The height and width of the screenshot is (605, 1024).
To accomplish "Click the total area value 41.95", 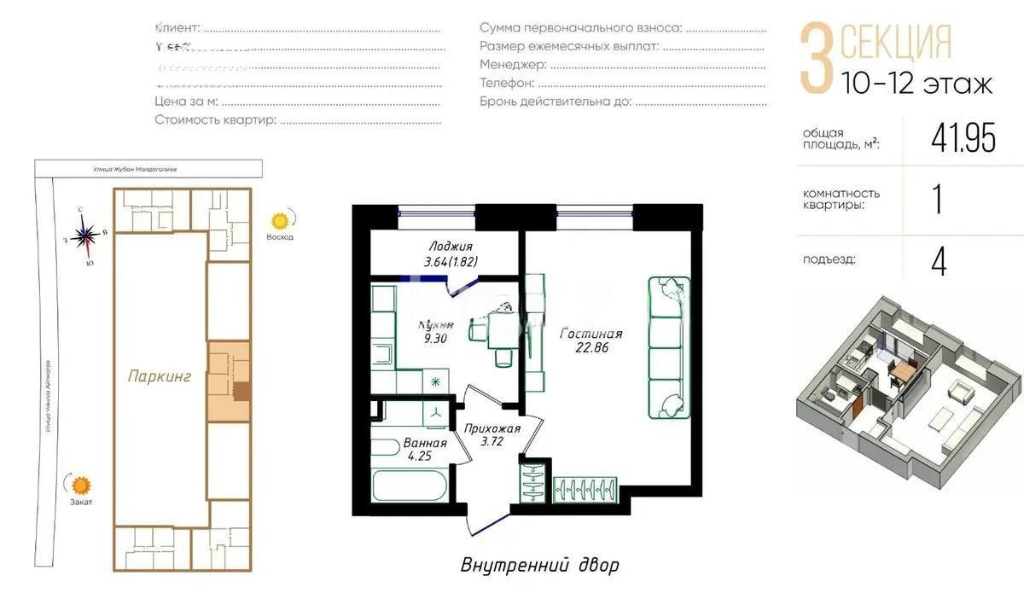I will click(963, 138).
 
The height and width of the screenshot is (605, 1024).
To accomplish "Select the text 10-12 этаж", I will click(916, 84).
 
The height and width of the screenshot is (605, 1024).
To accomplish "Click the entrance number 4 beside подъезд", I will click(939, 261).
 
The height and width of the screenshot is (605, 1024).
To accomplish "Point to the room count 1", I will click(937, 200).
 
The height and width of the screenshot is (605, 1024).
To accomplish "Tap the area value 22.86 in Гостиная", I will click(591, 348).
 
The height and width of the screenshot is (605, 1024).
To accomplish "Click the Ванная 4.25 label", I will click(422, 449).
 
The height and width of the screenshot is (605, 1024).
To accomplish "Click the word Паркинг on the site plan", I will click(160, 375).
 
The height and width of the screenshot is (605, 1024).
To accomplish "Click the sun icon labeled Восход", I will click(280, 219).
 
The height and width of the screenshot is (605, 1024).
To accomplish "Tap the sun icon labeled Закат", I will click(81, 486).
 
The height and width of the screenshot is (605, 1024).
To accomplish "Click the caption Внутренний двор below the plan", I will click(539, 565).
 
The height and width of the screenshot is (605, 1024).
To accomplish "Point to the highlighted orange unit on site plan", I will click(229, 381).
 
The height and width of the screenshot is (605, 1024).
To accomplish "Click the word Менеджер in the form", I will click(512, 64).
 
